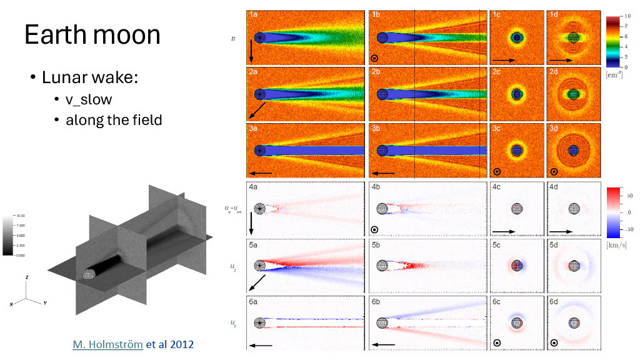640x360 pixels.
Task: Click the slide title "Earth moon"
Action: tap(92, 34)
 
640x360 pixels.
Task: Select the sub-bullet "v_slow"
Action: tap(89, 99)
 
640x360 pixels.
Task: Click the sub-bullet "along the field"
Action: tap(113, 119)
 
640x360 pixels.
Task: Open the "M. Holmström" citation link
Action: tap(107, 344)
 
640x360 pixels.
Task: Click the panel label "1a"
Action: tap(254, 14)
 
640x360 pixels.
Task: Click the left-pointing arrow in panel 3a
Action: tap(263, 173)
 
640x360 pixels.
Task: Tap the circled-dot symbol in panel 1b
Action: tap(374, 59)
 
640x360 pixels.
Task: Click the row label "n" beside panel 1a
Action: tap(233, 38)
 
